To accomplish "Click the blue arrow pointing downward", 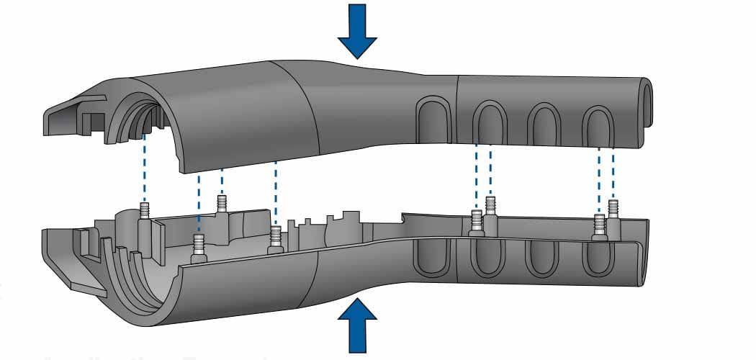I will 358,29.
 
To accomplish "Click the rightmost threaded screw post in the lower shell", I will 613,209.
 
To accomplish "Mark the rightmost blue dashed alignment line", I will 613,173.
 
